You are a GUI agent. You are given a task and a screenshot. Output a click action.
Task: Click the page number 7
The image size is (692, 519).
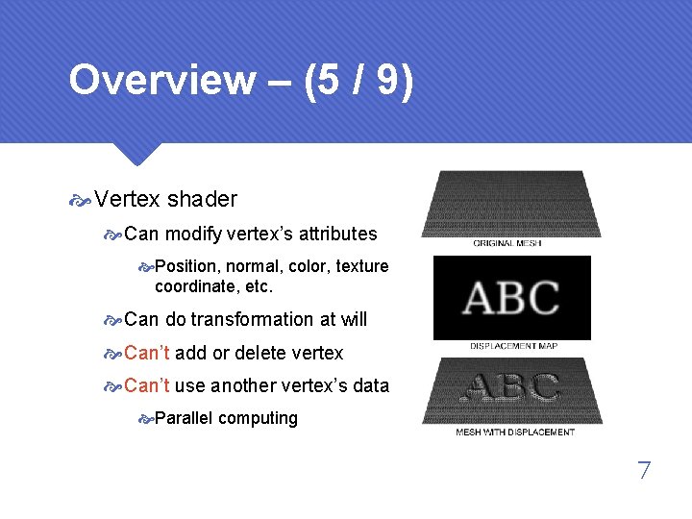[644, 471]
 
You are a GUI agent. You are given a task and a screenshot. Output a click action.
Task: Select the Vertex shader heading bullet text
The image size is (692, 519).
[165, 199]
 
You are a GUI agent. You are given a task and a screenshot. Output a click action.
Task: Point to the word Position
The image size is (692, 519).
[188, 266]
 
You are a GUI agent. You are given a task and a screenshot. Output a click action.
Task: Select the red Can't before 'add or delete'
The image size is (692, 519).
[146, 353]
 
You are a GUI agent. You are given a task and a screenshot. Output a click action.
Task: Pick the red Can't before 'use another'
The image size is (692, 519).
[146, 385]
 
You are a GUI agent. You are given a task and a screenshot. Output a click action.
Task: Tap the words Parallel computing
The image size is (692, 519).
[226, 418]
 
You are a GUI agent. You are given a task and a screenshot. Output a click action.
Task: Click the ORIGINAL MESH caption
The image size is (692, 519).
[507, 244]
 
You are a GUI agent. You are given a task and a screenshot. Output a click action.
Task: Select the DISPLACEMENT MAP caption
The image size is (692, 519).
[514, 346]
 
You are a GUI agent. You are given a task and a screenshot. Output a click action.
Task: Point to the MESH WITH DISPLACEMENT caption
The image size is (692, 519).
[515, 432]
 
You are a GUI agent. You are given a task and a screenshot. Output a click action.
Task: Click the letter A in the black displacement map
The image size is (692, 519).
[478, 298]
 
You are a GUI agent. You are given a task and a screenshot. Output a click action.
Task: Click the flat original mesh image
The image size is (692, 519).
[519, 204]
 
